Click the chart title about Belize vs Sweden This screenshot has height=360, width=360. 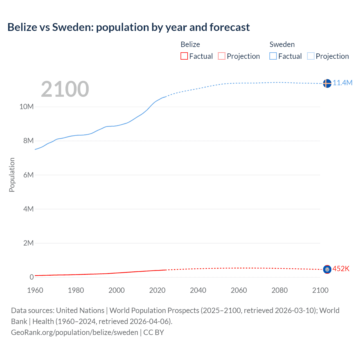(129, 27)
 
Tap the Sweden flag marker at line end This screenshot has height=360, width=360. (327, 83)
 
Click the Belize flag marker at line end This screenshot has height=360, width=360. (327, 269)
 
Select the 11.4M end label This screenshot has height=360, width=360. (343, 83)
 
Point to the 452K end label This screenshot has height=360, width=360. (341, 269)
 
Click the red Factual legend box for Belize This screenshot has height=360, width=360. (184, 56)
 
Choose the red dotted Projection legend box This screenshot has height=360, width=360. (222, 56)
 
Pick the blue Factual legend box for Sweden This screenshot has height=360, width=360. (273, 56)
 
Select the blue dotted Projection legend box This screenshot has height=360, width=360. (311, 56)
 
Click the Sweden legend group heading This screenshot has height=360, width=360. (282, 44)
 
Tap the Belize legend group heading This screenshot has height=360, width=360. (190, 44)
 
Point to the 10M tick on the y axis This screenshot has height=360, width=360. (26, 107)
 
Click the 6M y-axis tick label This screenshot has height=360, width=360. (28, 175)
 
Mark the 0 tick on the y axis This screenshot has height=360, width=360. (31, 277)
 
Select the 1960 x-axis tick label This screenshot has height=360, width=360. (35, 290)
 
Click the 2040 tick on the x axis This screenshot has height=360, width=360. (198, 290)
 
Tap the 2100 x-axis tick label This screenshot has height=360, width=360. (320, 290)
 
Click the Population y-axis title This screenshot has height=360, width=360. (12, 175)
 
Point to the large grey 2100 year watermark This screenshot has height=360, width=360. (65, 89)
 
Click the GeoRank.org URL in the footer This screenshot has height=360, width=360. (75, 332)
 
